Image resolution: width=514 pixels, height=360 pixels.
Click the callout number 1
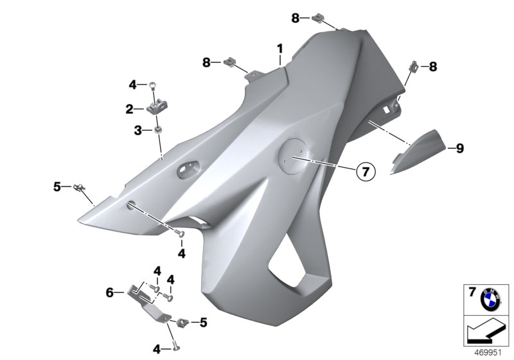click(279, 48)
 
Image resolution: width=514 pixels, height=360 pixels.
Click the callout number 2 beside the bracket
click(129, 109)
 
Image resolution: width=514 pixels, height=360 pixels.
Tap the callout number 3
click(137, 130)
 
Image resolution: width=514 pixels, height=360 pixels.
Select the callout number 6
click(110, 292)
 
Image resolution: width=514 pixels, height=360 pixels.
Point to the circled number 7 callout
click(364, 171)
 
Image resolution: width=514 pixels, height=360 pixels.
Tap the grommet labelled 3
click(155, 130)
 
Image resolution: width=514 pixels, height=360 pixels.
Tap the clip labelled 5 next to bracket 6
click(182, 321)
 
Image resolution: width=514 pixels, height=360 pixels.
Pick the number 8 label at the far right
click(433, 66)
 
